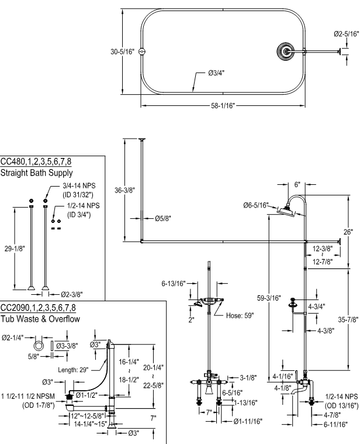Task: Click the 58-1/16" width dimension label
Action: [223, 107]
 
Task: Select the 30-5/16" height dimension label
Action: [123, 51]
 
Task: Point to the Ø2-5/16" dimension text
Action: [347, 34]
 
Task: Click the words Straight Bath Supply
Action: [36, 173]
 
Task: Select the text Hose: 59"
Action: [241, 315]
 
